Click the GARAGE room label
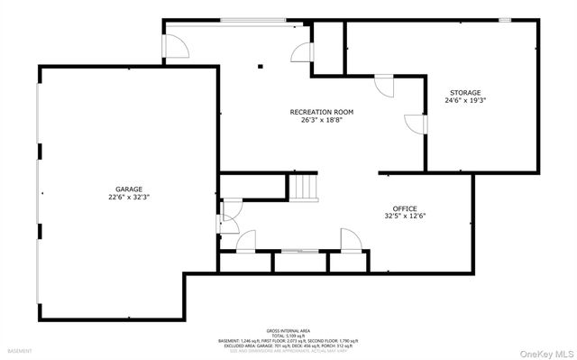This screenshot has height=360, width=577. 128,189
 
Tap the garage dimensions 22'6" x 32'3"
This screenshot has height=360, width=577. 128,197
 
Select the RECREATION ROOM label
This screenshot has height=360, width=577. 321,112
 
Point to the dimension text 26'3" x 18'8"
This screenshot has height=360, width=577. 321,120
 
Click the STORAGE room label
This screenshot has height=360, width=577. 465,92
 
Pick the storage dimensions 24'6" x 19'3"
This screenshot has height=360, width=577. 465,101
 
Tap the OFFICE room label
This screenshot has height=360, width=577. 405,208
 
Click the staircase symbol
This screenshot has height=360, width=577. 304,188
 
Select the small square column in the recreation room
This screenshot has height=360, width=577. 260,65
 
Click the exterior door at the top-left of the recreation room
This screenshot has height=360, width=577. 175,46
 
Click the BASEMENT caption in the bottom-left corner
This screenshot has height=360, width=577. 20,350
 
